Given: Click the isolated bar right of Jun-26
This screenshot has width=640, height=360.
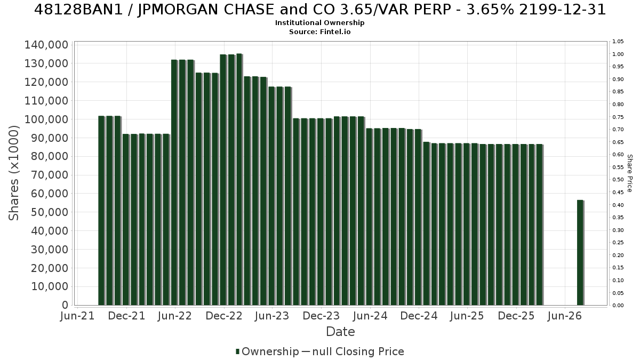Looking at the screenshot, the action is coord(580,253).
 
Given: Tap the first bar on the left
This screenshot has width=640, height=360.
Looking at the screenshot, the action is coord(102,211).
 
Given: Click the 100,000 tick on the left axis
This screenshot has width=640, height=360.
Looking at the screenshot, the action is coord(46,119).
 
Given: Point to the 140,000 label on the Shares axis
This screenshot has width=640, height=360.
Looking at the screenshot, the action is coord(46,45).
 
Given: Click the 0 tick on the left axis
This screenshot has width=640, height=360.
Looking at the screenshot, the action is coord(65,305).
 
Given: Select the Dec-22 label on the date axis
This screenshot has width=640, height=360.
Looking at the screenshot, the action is coord(224,316).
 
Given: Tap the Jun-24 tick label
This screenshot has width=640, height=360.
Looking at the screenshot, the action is coord(370,316).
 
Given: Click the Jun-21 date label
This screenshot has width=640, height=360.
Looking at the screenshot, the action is coord(77,316).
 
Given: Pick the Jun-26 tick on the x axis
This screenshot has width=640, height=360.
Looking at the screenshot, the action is coord(565,316).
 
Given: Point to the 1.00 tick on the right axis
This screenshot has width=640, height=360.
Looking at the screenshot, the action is coord(618,54).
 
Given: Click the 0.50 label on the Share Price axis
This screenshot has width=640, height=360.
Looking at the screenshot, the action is coord(618,180).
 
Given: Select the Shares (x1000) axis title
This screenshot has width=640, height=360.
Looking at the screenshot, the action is coord(13,173).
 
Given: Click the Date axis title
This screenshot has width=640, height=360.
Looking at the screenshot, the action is coord(340,332).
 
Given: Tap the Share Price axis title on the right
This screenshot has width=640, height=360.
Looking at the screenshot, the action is coord(630,173).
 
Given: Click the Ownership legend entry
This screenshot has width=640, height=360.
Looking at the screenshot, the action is coord(267,351).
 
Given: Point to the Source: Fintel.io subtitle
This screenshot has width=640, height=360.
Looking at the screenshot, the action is coord(319,31).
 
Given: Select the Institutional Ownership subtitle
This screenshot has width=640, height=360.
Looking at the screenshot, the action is coord(319,23).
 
